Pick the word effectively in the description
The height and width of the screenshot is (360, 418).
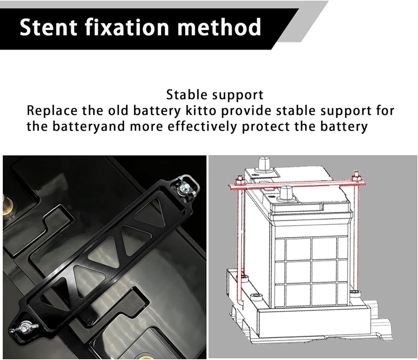point(202,126)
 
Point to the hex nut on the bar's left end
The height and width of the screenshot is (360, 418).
point(239,181)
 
